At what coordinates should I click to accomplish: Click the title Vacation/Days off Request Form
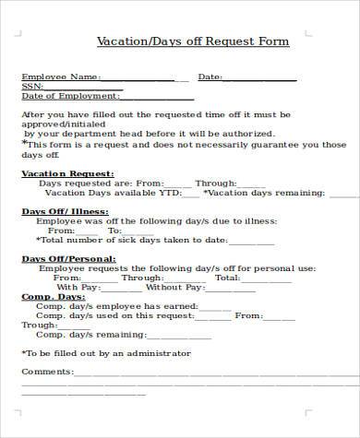click(x=193, y=41)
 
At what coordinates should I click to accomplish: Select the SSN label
click(x=31, y=87)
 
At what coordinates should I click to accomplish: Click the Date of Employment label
click(x=69, y=96)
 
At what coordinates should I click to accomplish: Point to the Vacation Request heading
click(x=67, y=173)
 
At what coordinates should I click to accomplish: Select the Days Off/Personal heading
click(x=68, y=259)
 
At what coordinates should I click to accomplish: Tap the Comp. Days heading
click(x=53, y=297)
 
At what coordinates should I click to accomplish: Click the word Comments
click(x=46, y=372)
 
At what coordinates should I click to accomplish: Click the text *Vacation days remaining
click(x=264, y=194)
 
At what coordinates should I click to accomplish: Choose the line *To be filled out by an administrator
click(x=105, y=353)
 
